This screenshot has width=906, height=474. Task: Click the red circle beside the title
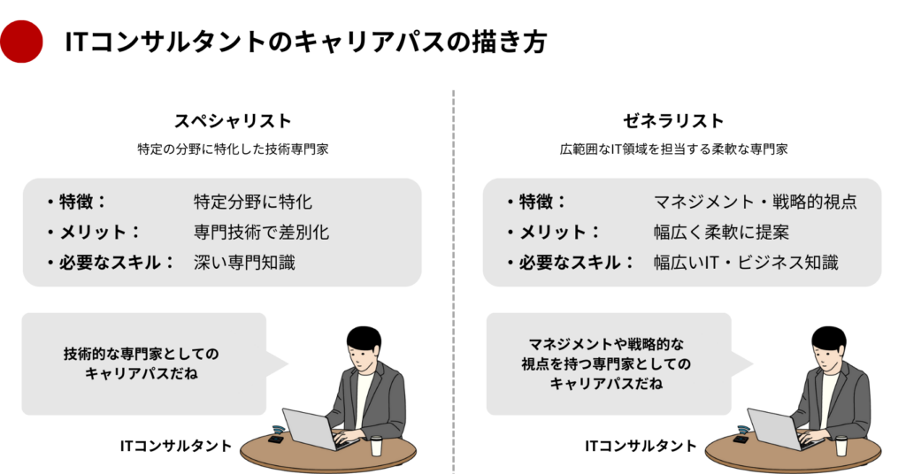(x=22, y=41)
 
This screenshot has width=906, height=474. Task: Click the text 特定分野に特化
(x=253, y=203)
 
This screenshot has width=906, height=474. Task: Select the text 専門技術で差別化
(x=261, y=233)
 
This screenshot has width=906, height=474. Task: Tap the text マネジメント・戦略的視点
(x=755, y=203)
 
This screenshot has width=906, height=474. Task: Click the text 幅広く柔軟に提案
(x=721, y=233)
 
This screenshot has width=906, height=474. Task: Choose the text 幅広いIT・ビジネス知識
(x=746, y=263)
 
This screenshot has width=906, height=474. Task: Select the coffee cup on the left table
(x=376, y=445)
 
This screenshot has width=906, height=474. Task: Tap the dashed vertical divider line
(x=453, y=283)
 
